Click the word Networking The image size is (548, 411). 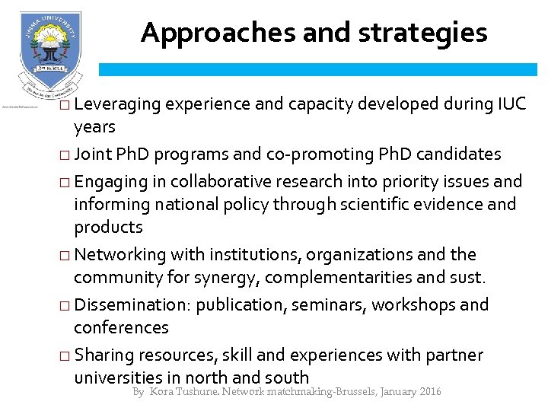point(121,254)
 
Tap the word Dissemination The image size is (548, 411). point(135,304)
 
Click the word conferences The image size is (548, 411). point(121,327)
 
